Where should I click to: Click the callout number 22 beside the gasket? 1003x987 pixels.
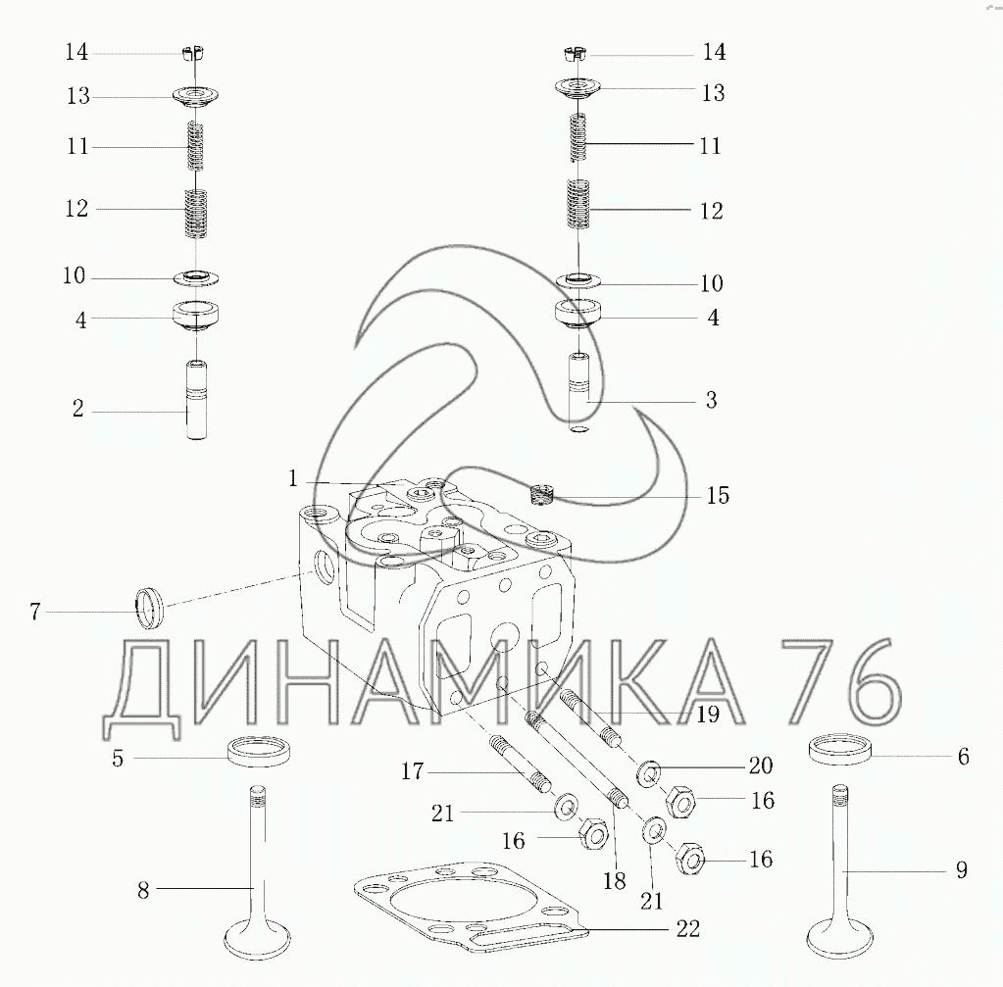[x=687, y=928]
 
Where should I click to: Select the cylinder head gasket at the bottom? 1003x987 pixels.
[x=471, y=909]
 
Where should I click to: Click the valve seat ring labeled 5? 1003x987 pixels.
[x=256, y=752]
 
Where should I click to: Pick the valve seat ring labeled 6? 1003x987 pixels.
[x=840, y=750]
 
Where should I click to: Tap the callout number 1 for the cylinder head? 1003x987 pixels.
[x=293, y=478]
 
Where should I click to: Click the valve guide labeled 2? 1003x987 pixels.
[x=196, y=401]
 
